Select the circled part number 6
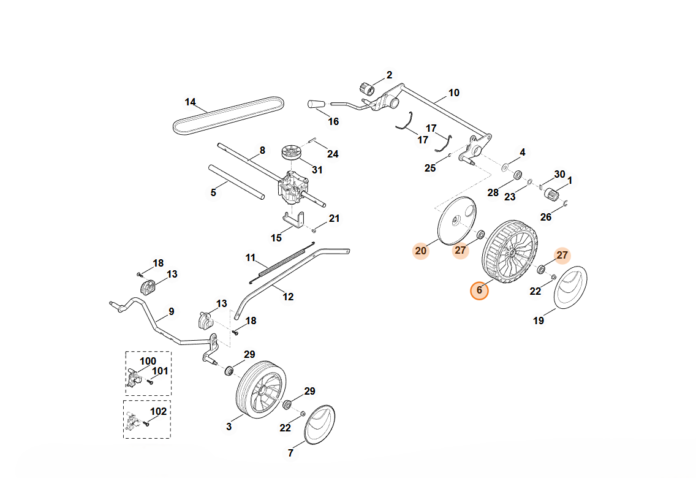pyautogui.click(x=479, y=290)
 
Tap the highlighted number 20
pyautogui.click(x=420, y=250)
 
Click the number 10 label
pyautogui.click(x=453, y=93)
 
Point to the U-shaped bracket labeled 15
pyautogui.click(x=295, y=219)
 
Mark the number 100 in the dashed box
pyautogui.click(x=148, y=361)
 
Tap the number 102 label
pyautogui.click(x=159, y=411)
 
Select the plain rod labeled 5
pyautogui.click(x=236, y=181)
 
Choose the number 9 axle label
pyautogui.click(x=172, y=311)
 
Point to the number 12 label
pyautogui.click(x=288, y=297)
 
